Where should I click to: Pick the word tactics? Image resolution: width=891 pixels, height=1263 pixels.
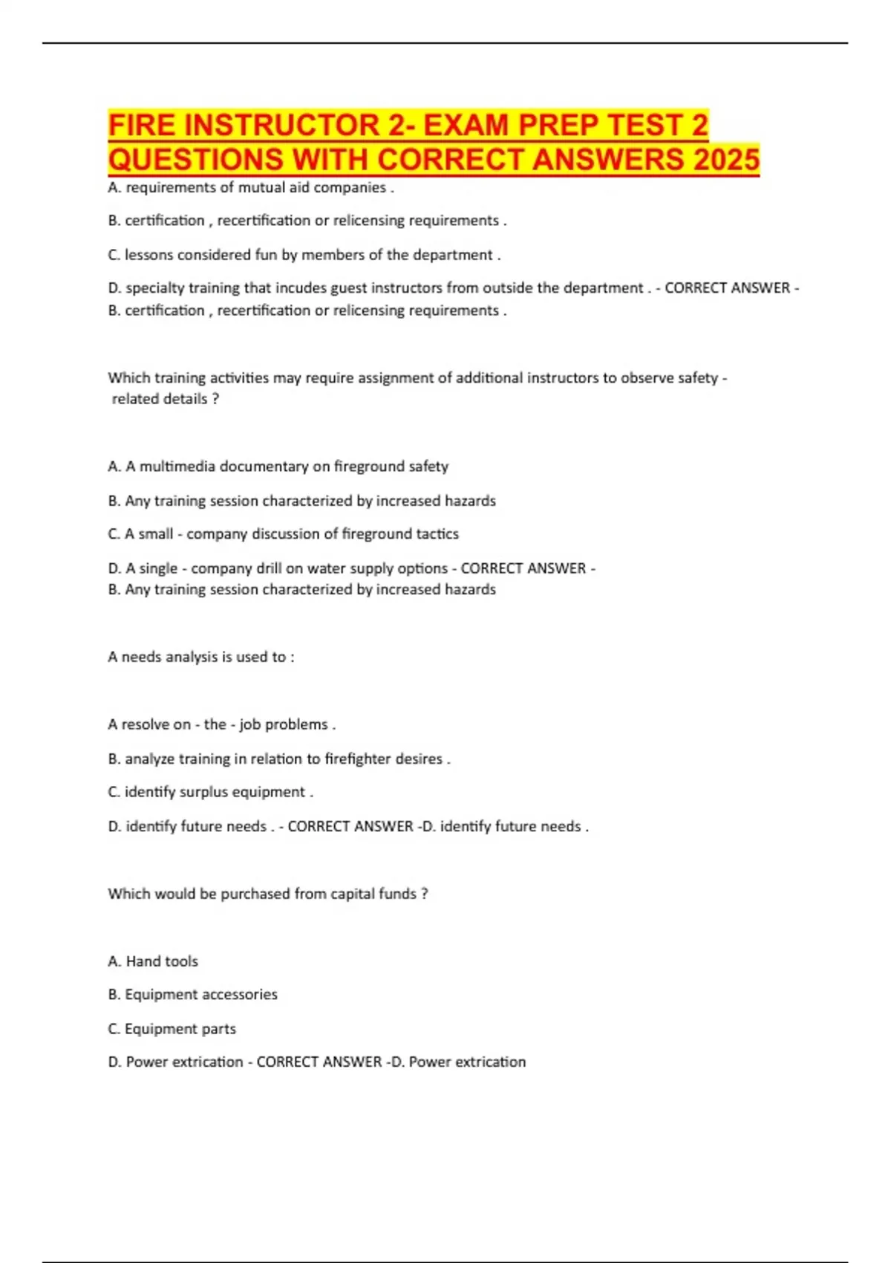[437, 534]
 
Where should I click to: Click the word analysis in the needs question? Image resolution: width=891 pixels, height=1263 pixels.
[187, 658]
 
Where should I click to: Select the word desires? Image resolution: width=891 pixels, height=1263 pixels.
[420, 759]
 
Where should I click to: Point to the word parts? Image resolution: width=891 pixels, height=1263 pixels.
[218, 1029]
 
